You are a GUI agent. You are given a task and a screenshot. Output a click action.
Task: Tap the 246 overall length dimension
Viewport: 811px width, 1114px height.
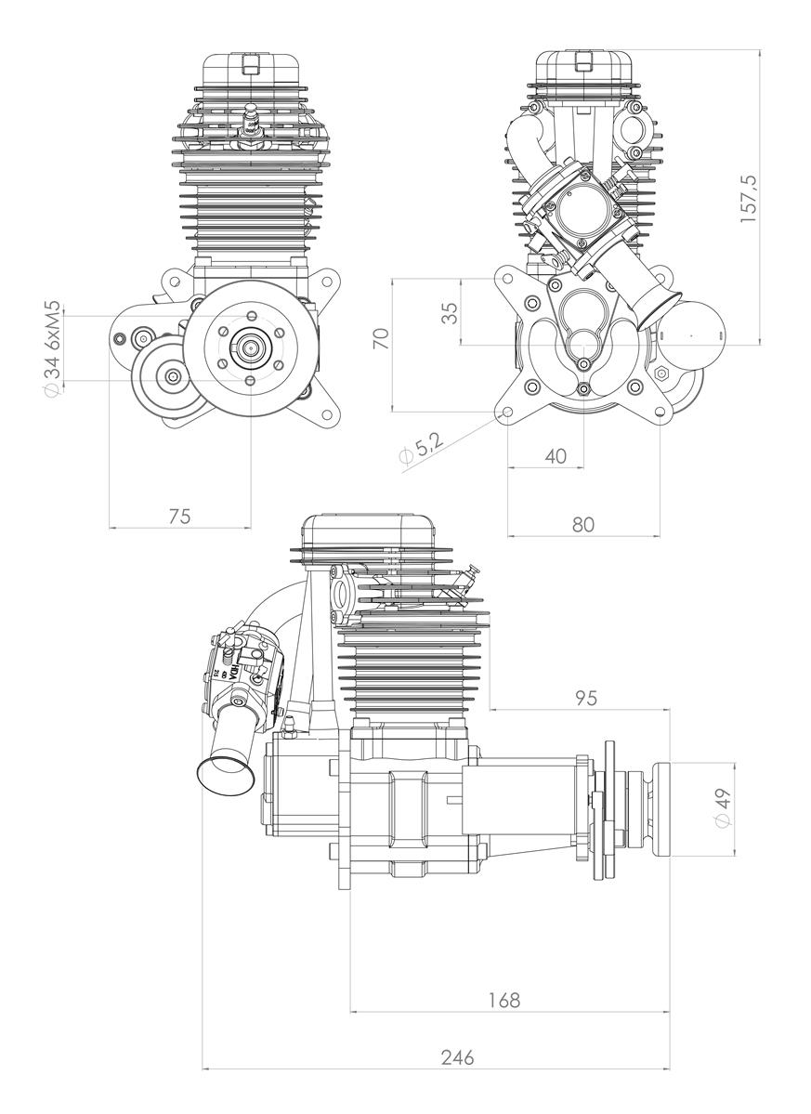(458, 1056)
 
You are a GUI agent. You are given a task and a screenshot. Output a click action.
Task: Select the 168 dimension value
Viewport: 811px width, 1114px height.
(504, 1000)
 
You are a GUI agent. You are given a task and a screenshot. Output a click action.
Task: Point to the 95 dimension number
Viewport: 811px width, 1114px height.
(585, 697)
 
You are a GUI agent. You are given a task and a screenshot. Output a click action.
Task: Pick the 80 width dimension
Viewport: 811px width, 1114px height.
(583, 523)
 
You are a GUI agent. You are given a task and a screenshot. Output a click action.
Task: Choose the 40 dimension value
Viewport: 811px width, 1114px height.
(555, 456)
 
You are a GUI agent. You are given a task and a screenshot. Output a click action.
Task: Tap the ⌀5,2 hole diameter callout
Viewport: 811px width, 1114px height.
(420, 450)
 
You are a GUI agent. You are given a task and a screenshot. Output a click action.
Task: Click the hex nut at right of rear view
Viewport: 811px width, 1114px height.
(662, 373)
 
